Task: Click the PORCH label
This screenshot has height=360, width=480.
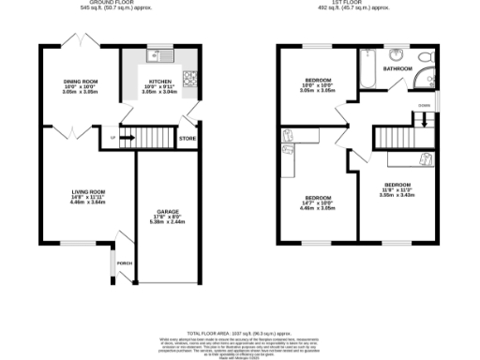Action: [124, 262]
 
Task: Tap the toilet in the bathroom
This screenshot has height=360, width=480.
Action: [396, 54]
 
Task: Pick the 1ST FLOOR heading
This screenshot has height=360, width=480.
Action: [360, 3]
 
